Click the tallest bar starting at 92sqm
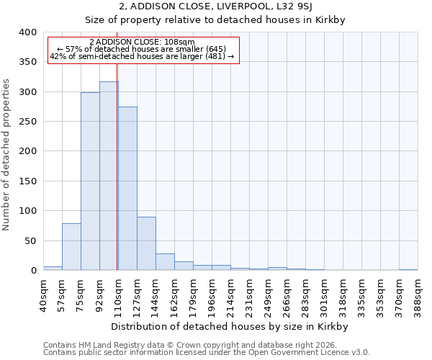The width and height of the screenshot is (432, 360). coord(109,176)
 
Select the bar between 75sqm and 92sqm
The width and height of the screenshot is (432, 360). coord(90,181)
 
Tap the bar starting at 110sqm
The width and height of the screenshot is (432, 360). coord(127,189)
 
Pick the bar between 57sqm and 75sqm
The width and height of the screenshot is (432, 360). coord(71,247)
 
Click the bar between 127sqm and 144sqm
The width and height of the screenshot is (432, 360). coord(146,243)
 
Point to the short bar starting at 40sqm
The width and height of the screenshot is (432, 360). coord(53,268)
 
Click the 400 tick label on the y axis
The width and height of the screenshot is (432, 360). coord(27,32)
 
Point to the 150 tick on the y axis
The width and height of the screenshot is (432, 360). coord(27,181)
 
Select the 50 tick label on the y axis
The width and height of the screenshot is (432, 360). coord(30,241)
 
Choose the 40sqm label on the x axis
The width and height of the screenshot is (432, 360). coord(43,294)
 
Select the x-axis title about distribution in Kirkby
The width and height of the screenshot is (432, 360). coord(230,326)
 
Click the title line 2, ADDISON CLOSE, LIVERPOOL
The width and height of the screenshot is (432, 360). coord(216,7)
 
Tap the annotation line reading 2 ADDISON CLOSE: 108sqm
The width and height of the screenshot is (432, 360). coord(143,42)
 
